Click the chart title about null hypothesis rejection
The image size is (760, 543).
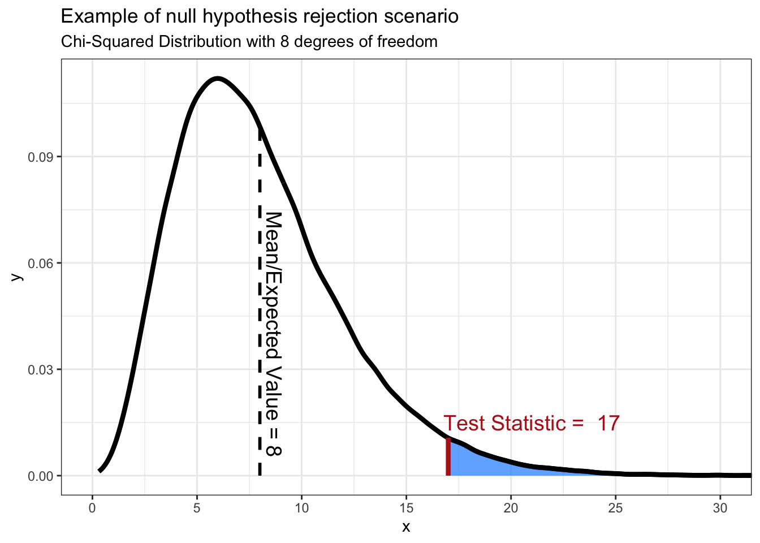coord(260,17)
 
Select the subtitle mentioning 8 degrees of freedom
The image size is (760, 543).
coord(249,42)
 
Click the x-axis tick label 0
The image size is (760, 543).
coord(92,508)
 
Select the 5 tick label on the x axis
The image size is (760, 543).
coord(197,508)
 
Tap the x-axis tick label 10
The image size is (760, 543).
coord(301,508)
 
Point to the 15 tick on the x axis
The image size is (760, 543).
coord(406,508)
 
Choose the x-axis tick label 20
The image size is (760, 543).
coord(511,508)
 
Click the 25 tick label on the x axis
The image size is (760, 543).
coord(615,508)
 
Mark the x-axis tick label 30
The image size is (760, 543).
coord(720,508)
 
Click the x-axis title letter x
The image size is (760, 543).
coord(406,527)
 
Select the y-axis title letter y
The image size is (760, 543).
coord(17,277)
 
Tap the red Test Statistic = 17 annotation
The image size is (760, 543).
coord(531,423)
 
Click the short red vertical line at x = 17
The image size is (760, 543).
coord(448,457)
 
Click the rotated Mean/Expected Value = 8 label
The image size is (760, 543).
coord(274,334)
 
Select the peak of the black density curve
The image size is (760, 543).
coord(218,79)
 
